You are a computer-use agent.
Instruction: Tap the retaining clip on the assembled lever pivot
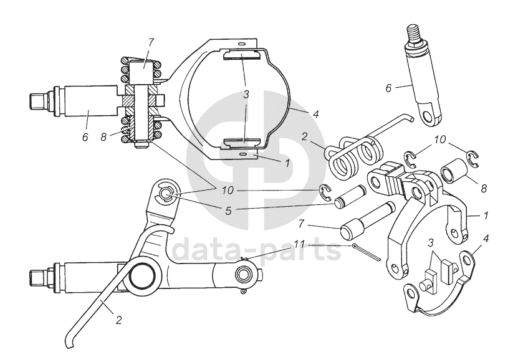167,195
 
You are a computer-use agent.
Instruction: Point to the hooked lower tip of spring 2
69,343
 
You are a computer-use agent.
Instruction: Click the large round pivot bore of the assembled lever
143,275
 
